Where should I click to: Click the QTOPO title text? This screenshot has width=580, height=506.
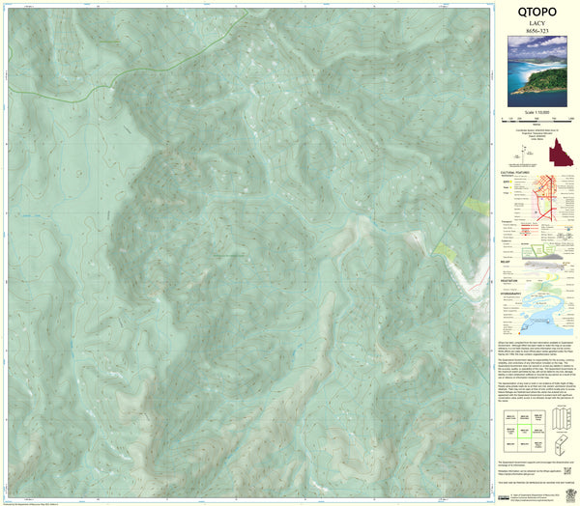point(536,14)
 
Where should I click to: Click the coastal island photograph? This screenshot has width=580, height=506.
point(537,71)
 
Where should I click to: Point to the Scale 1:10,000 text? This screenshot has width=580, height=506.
point(537,113)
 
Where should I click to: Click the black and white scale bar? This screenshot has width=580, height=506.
point(537,121)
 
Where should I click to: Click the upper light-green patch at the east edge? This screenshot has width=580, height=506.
point(476,206)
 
